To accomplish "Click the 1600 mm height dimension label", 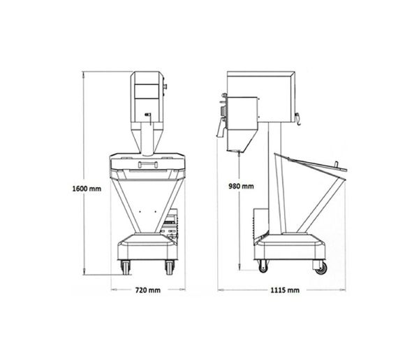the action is (87, 189).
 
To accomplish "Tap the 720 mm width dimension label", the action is (148, 290).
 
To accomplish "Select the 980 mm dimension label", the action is (241, 186).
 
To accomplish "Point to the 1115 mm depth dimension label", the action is (285, 290).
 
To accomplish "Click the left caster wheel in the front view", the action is (126, 267).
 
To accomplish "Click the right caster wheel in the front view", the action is (170, 267).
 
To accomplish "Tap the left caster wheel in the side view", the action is (263, 266).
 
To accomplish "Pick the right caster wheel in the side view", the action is (321, 267).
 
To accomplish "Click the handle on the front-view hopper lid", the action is (148, 164).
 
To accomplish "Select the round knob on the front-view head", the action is (165, 87).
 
